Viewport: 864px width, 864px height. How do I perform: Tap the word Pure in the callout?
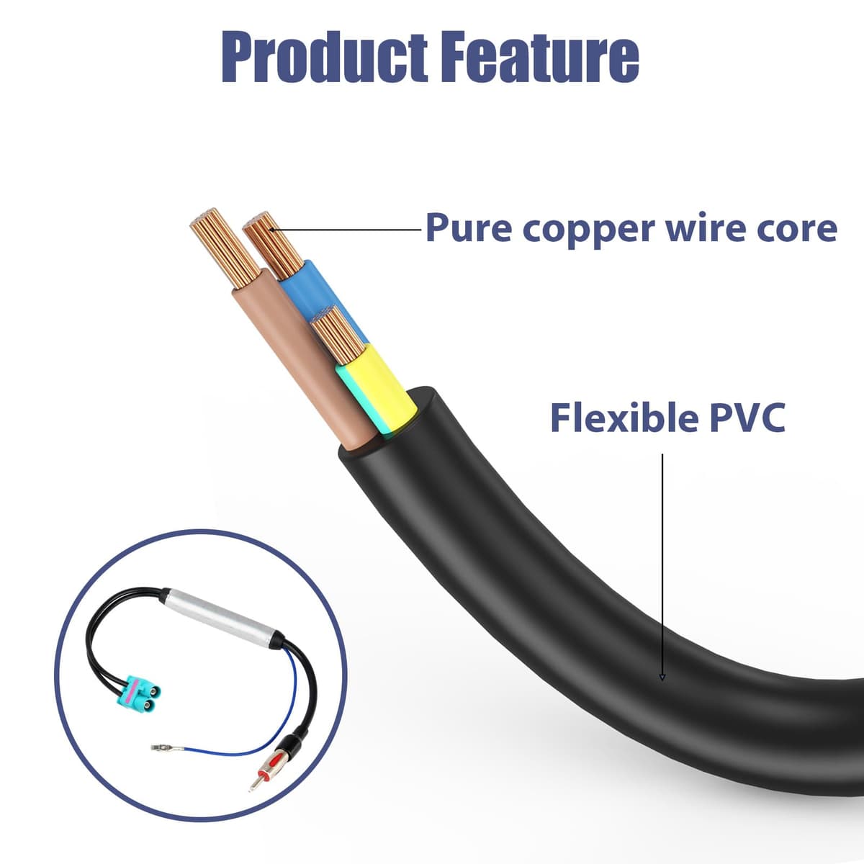(x=469, y=228)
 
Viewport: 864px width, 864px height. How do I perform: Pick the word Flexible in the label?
(x=624, y=417)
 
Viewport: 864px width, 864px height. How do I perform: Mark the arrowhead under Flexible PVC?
(x=662, y=689)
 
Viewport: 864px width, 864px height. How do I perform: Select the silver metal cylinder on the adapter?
(x=222, y=618)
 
